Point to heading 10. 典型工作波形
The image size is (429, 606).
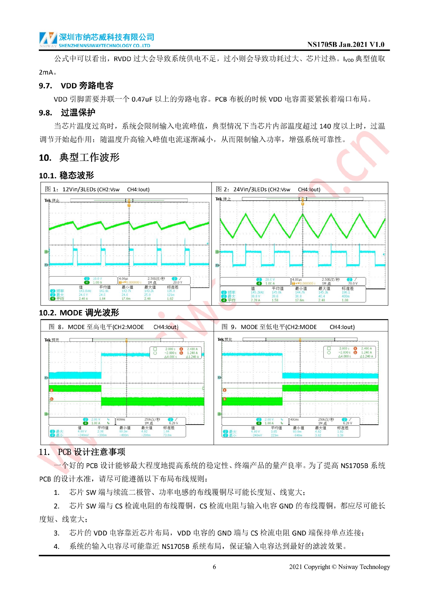tap(79, 158)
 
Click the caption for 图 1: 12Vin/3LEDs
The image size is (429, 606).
tap(97, 189)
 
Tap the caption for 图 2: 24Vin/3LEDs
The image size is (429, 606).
tap(268, 189)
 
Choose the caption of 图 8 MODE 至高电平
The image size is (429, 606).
tap(114, 327)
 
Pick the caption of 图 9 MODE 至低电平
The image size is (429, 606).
tap(288, 327)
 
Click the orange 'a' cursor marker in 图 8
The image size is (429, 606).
tap(52, 390)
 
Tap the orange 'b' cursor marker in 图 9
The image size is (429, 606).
tap(225, 399)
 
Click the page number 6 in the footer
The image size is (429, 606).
tap(214, 567)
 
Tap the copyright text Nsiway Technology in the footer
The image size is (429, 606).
tap(364, 567)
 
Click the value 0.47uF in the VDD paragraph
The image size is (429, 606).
tap(142, 100)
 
